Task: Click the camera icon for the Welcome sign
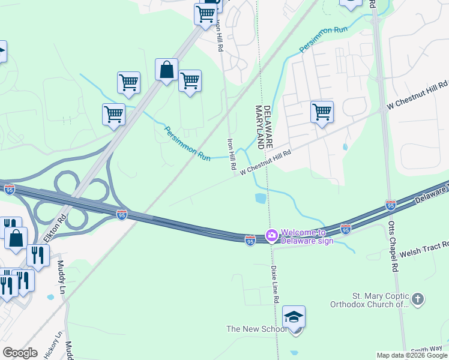coord(271,236)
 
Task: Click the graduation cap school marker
coord(294,317)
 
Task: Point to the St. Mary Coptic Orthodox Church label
coord(370,300)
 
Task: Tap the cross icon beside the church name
coord(418,298)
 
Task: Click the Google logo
coord(20,353)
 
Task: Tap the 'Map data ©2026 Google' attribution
coord(412,355)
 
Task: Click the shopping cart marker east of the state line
coord(322,112)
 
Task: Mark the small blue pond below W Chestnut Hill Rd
coord(261,198)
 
